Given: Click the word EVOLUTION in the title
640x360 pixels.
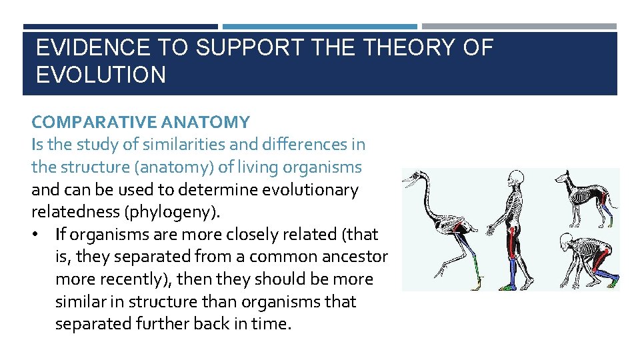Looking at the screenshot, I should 101,75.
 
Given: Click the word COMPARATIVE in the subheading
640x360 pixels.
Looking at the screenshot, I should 84,122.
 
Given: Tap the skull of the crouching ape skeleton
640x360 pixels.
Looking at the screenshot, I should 567,241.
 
